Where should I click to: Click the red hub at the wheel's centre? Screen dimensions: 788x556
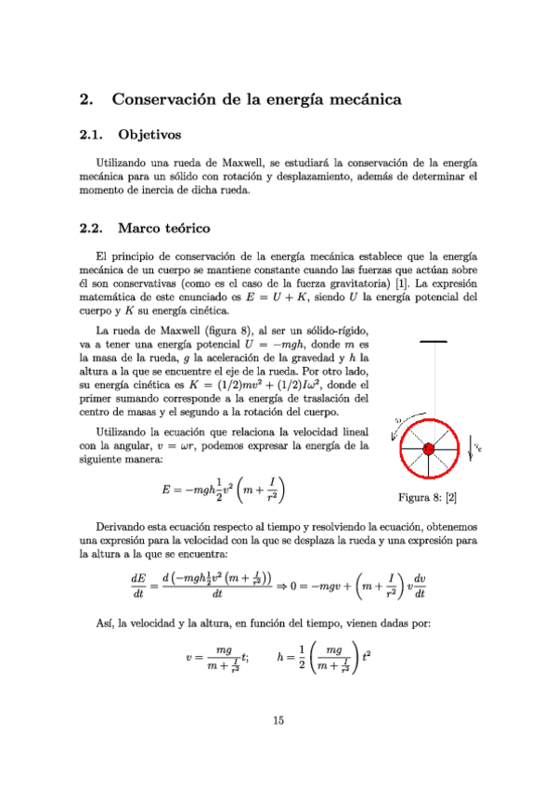pos(429,449)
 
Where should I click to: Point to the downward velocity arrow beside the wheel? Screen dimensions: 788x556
pos(470,445)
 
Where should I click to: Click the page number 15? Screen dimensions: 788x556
pos(278,719)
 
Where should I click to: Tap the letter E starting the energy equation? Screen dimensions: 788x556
pos(165,490)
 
